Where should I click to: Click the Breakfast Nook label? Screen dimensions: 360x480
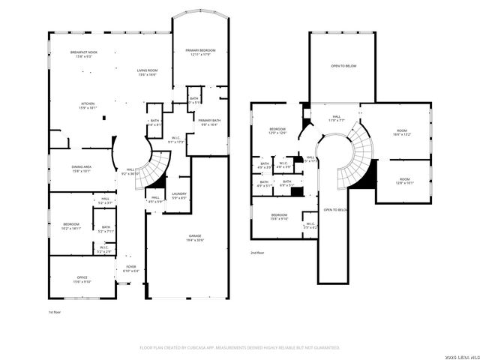point(84,53)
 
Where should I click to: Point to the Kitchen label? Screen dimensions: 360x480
point(88,105)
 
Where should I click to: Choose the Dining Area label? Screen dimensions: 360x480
point(82,169)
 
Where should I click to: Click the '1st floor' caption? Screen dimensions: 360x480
point(54,311)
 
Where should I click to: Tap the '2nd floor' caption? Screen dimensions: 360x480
point(257,253)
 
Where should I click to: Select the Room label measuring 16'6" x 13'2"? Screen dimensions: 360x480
point(403,133)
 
